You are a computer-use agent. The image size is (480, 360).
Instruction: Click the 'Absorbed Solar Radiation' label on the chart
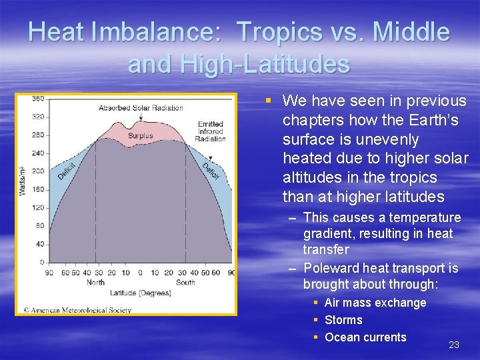point(141,108)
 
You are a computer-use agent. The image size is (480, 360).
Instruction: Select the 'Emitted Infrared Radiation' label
point(210,132)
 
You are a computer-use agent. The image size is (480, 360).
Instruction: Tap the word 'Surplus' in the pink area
point(141,136)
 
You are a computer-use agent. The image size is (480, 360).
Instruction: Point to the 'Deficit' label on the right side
point(211,171)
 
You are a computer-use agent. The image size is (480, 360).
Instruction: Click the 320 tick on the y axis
point(39,117)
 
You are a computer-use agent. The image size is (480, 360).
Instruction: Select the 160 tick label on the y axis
point(39,189)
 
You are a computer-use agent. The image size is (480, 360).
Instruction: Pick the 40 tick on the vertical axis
point(40,244)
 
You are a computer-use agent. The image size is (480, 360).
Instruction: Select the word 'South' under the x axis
point(185,283)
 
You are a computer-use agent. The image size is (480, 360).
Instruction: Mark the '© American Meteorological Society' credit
point(77,310)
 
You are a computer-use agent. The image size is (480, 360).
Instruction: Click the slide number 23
point(454,345)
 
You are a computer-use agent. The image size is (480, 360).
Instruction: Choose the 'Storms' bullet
point(343,320)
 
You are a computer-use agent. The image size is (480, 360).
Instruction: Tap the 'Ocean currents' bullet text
point(365,337)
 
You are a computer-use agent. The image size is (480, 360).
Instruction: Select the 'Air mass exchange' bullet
point(375,303)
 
